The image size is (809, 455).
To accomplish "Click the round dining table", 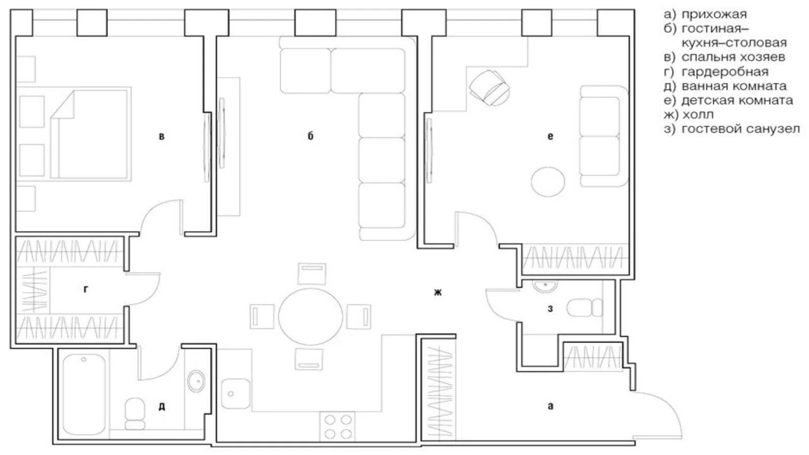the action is (310, 316).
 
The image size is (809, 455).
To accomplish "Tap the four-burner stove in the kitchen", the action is (337, 427).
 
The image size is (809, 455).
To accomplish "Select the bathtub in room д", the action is (84, 394).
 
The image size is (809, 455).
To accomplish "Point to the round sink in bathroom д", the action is (196, 381).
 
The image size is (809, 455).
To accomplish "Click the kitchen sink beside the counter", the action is (235, 393).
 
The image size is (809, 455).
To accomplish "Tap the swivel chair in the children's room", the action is (489, 88).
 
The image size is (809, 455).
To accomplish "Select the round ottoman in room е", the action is (548, 181).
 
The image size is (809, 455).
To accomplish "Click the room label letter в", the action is (161, 136).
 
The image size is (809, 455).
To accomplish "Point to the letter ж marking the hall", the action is (438, 292).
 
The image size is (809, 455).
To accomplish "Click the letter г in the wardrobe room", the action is (85, 289).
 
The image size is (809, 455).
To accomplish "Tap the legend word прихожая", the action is (714, 15).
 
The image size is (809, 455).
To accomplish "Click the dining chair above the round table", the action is (311, 274).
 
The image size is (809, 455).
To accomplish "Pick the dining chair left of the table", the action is (262, 316).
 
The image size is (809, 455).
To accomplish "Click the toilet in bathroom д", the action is (134, 414).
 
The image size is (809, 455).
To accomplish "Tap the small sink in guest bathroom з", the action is (545, 286).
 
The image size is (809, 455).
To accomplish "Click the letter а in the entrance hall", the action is (550, 406).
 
